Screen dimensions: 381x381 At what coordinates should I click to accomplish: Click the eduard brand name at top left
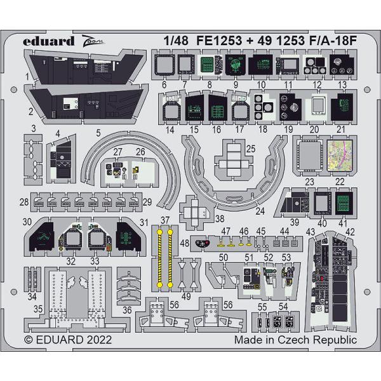(x=41, y=41)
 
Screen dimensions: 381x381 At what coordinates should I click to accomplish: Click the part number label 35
(x=37, y=309)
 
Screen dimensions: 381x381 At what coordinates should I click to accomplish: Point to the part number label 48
(x=184, y=242)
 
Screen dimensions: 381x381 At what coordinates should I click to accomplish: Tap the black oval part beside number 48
(x=203, y=243)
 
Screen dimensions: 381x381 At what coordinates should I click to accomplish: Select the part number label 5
(x=98, y=133)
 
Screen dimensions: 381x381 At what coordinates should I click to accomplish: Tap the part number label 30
(x=27, y=222)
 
